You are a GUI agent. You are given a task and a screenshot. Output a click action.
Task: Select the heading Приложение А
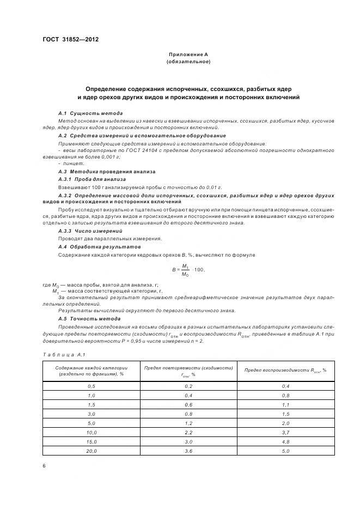point(188,54)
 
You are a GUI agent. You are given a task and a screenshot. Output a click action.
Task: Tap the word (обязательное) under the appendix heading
point(188,62)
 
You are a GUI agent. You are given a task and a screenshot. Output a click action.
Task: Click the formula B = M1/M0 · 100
point(188,269)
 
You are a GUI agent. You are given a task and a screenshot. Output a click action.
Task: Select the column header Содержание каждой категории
point(91,371)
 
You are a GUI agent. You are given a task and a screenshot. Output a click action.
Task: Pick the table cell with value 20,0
point(91,451)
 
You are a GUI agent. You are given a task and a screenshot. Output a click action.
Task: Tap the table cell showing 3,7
point(285,432)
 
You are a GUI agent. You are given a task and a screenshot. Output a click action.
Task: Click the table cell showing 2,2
point(188,432)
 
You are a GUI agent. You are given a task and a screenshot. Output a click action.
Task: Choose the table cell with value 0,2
point(188,386)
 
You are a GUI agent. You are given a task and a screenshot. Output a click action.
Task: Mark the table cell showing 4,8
point(285,442)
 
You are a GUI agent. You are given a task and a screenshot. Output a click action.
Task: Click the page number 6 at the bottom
point(44,466)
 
